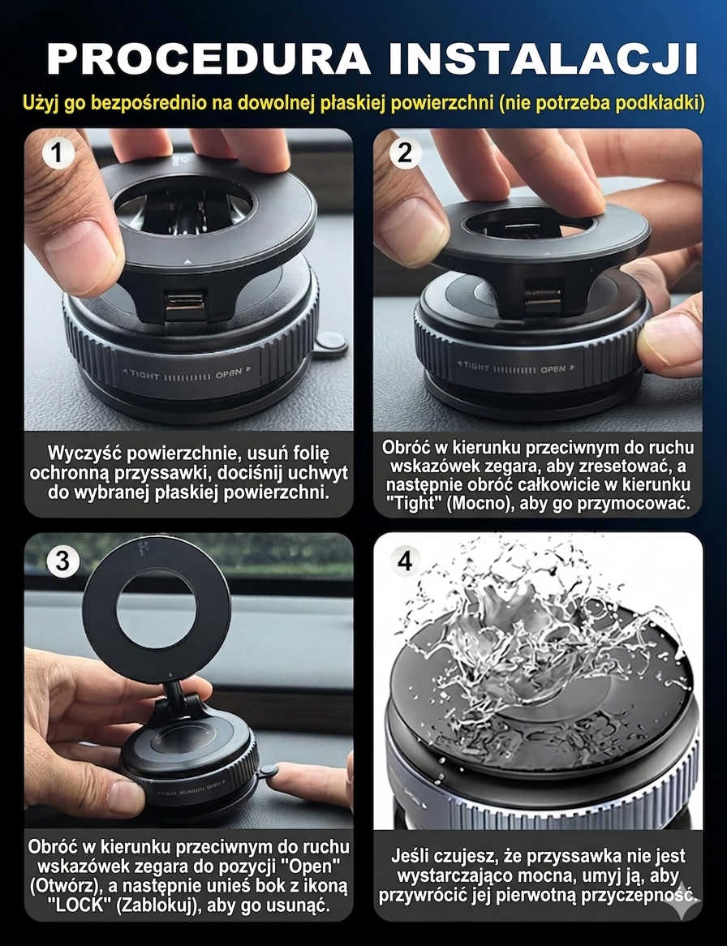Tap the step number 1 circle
click(x=58, y=153)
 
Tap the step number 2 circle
click(x=405, y=153)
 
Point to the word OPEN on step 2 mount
click(x=553, y=369)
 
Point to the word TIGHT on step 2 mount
click(x=475, y=367)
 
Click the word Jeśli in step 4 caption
click(x=419, y=856)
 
